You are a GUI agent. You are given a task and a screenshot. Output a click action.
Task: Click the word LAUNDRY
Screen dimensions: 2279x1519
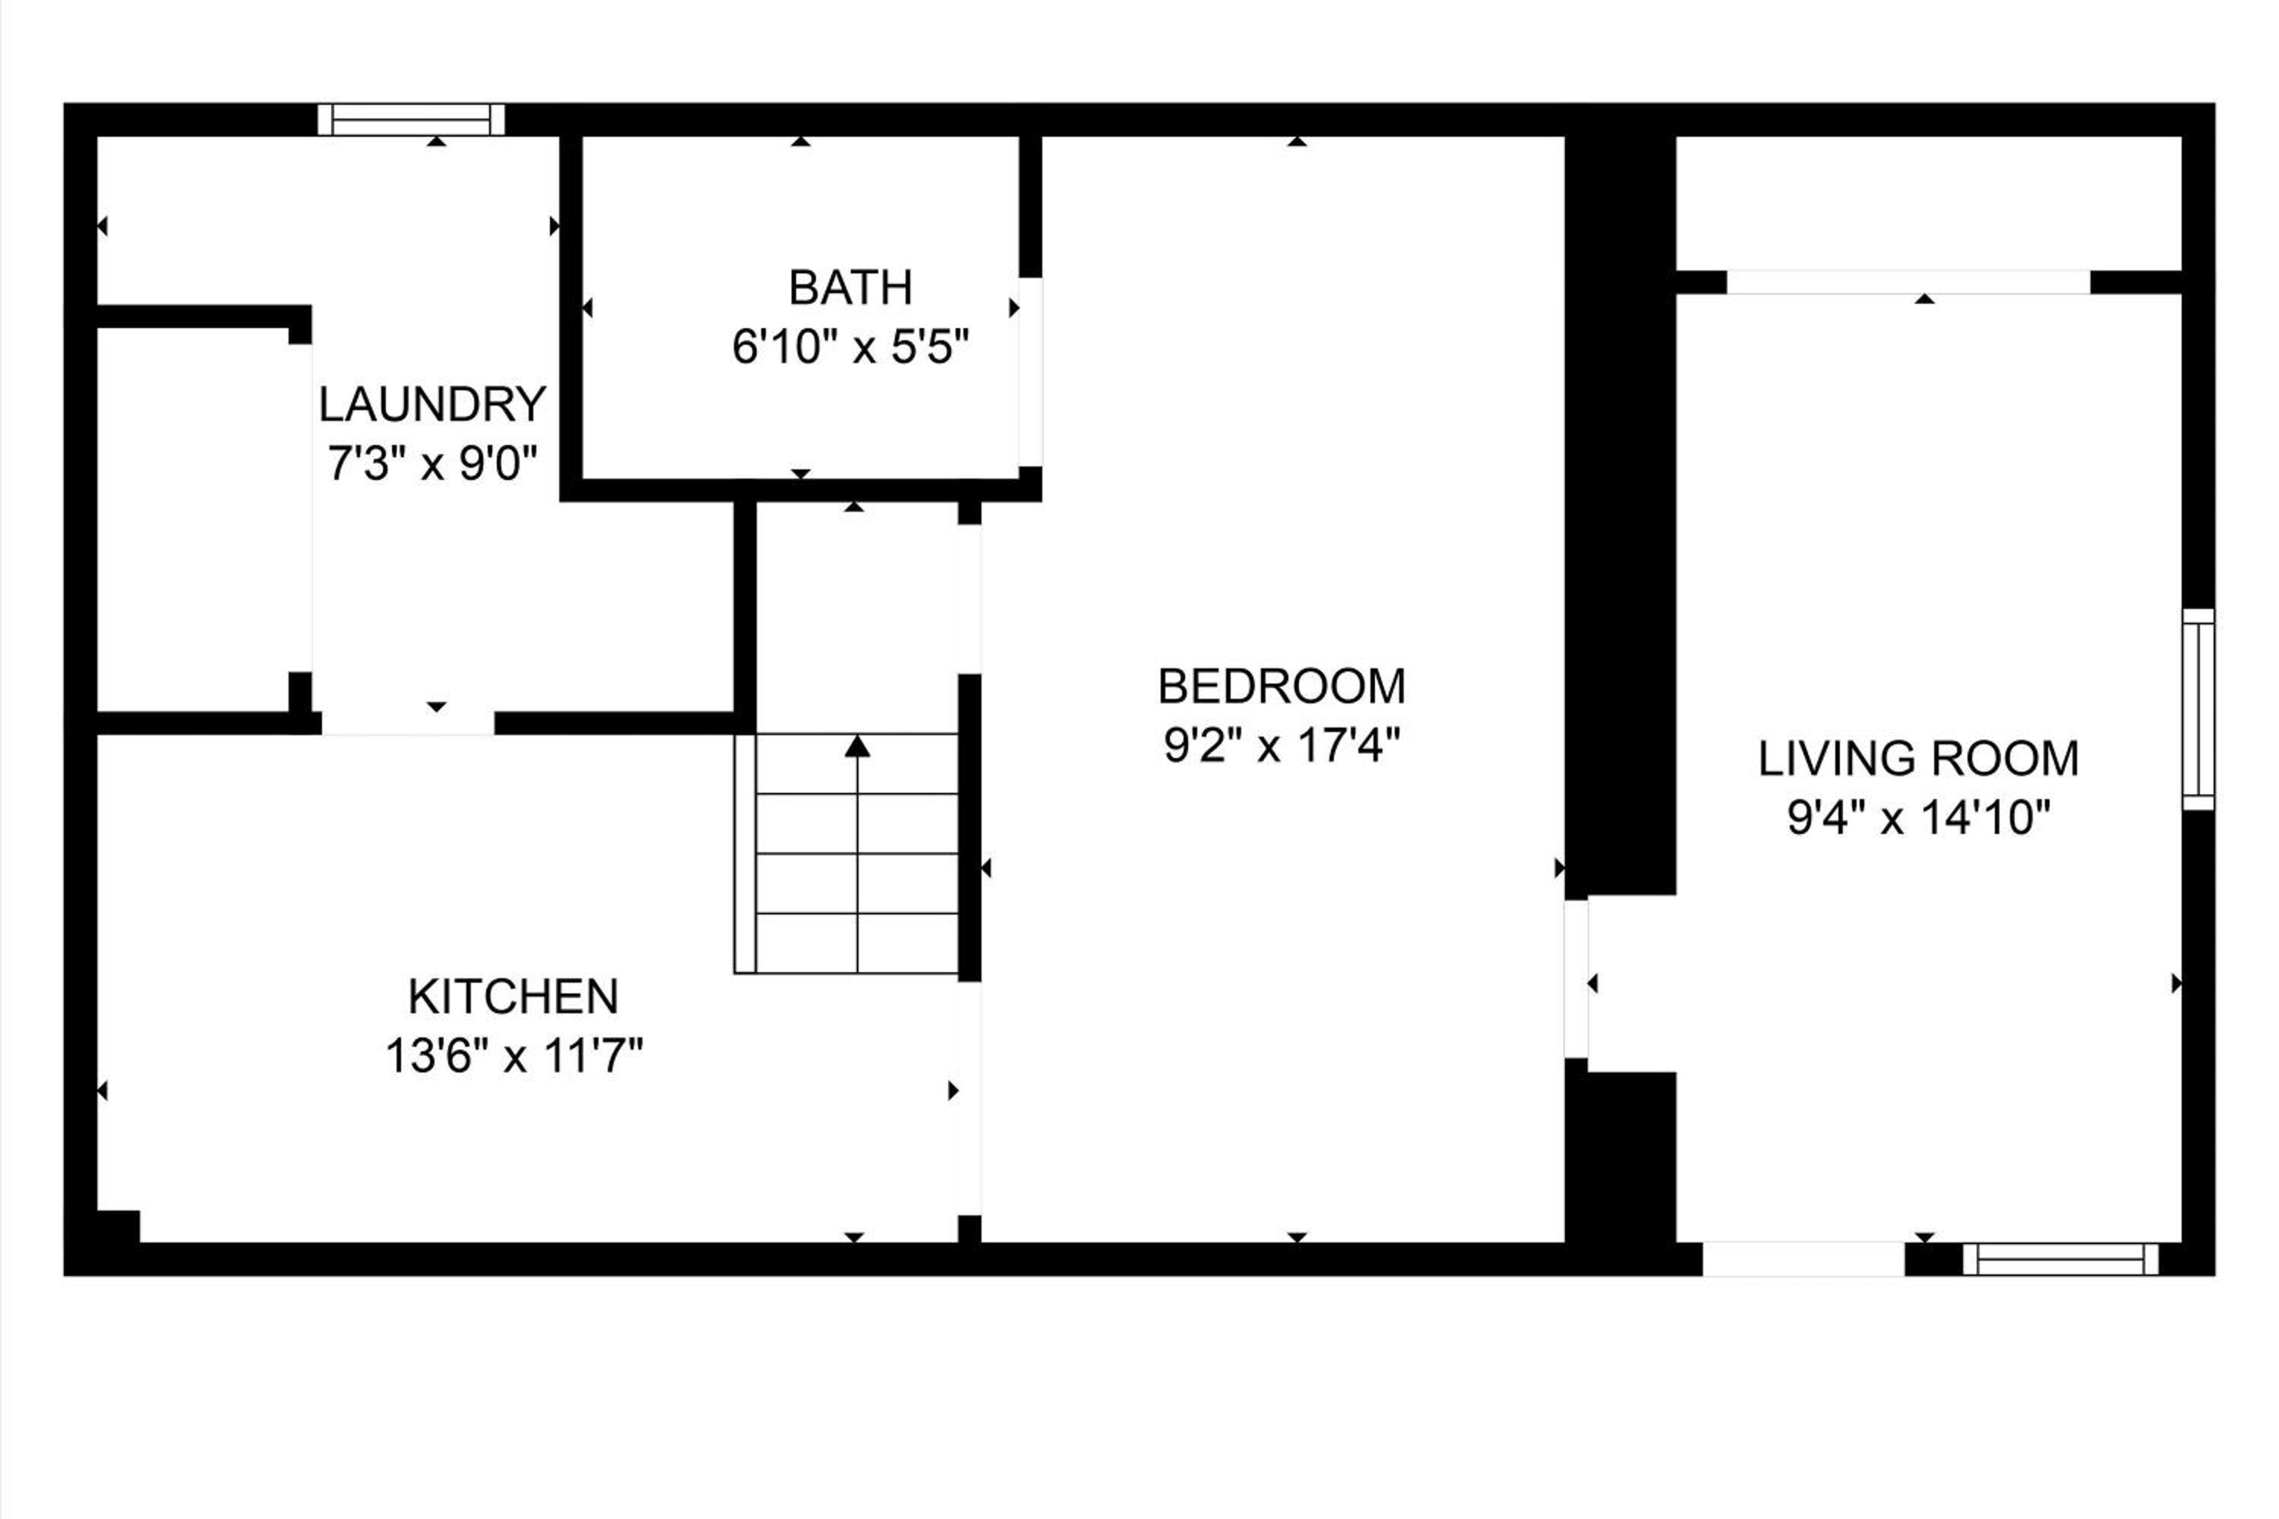(432, 405)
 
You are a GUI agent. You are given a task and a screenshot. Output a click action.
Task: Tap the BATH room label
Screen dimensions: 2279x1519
(851, 288)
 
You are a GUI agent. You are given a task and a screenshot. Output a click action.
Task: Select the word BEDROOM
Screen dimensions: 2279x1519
(1282, 687)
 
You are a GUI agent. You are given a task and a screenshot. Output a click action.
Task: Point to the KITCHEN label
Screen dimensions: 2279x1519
(513, 996)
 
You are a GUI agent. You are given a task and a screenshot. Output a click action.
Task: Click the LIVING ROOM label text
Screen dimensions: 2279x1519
(1919, 759)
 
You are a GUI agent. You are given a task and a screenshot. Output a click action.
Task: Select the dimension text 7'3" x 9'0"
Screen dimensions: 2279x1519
(432, 464)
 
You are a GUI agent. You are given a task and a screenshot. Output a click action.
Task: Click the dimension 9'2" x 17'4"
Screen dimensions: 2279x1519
(1282, 746)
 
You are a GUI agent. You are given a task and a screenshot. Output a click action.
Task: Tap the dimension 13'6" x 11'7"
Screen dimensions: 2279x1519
(514, 1056)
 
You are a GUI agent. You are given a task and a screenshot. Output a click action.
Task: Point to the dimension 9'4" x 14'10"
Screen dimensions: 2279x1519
(1919, 819)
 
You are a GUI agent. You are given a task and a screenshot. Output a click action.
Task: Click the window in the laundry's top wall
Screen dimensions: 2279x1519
(412, 120)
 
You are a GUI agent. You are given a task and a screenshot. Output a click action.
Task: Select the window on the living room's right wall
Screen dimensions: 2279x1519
(2198, 709)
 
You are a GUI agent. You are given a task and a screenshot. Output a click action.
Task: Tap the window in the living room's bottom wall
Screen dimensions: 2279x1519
(2061, 1259)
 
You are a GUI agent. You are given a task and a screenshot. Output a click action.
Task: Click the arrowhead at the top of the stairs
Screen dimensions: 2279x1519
(857, 746)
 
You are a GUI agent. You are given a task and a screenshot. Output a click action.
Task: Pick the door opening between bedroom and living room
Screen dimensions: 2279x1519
(1576, 980)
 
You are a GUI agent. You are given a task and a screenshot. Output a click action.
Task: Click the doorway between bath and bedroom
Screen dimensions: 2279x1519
(1030, 372)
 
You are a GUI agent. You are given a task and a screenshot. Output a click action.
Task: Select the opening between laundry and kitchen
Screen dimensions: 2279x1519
(408, 723)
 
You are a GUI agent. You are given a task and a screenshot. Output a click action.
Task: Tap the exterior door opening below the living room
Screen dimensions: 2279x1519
(1804, 1259)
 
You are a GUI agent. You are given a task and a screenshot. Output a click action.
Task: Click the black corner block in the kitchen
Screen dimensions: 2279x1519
(119, 1227)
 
